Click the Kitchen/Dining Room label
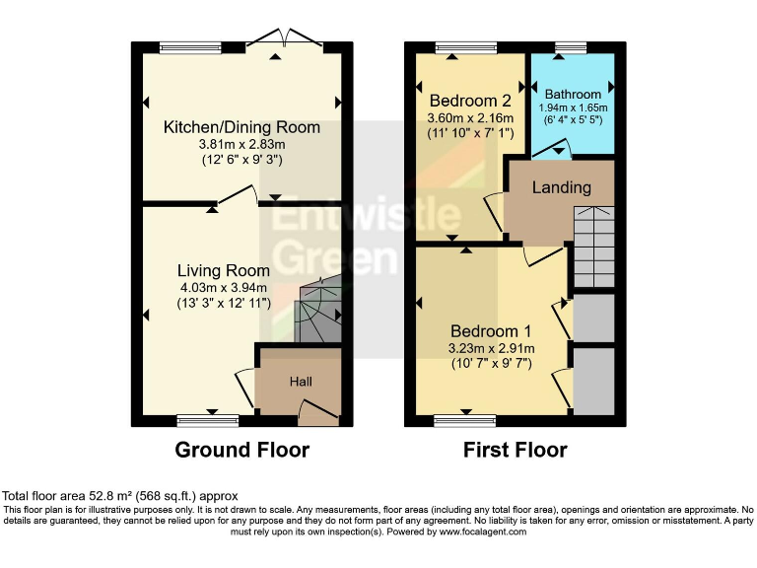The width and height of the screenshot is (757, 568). tap(241, 127)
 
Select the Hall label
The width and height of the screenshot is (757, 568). tap(301, 381)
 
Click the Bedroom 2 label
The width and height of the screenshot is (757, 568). tap(470, 101)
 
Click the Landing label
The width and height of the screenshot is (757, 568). tap(562, 187)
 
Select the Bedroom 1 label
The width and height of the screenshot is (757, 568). tap(491, 331)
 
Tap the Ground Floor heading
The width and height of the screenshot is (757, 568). tap(241, 451)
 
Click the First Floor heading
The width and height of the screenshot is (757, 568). tap(516, 451)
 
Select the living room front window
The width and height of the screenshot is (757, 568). tap(208, 421)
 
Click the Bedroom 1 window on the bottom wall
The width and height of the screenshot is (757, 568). tap(465, 421)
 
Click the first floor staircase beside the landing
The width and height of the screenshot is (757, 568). tap(593, 247)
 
